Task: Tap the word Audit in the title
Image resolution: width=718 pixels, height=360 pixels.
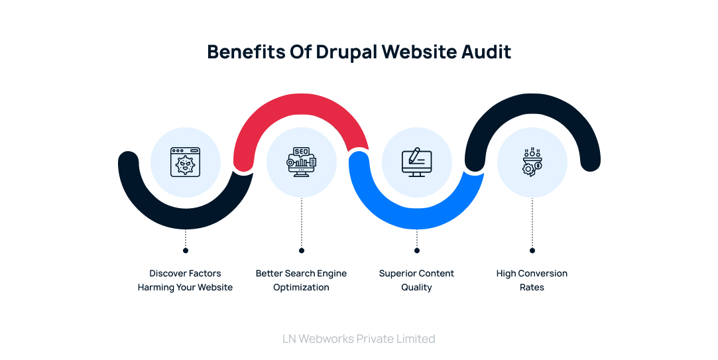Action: click(x=487, y=52)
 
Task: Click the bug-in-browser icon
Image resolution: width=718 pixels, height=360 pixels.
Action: click(x=186, y=162)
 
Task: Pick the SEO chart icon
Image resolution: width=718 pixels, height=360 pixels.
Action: click(x=302, y=162)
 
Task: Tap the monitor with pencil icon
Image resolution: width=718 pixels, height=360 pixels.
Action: click(x=417, y=162)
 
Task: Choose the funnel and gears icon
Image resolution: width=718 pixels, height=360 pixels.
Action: click(x=532, y=162)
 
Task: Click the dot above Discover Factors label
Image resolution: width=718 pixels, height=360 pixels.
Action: click(x=186, y=251)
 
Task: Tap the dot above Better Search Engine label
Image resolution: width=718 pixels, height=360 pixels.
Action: click(x=302, y=251)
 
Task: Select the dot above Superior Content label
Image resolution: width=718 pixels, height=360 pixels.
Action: click(x=417, y=251)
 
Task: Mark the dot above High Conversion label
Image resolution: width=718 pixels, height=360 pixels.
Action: click(x=532, y=251)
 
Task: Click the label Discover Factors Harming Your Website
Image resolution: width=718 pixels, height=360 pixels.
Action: click(x=186, y=280)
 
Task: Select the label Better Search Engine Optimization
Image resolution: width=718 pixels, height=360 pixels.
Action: click(x=302, y=280)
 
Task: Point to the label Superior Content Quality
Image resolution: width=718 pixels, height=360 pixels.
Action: click(x=417, y=280)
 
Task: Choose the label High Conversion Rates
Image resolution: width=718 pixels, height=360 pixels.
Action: click(x=532, y=280)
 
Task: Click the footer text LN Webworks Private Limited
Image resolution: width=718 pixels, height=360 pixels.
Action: click(x=359, y=339)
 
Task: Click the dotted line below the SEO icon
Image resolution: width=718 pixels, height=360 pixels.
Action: click(x=302, y=222)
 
